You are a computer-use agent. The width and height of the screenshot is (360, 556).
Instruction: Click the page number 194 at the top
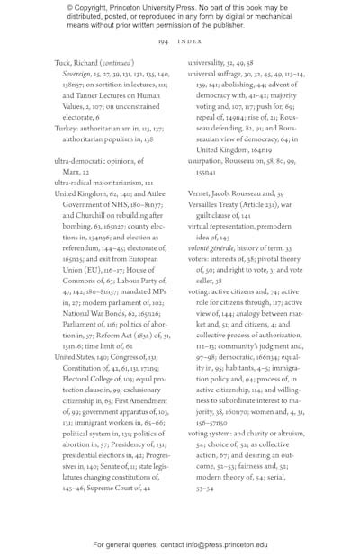(x=163, y=41)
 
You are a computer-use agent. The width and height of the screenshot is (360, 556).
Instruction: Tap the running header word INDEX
(x=189, y=41)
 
